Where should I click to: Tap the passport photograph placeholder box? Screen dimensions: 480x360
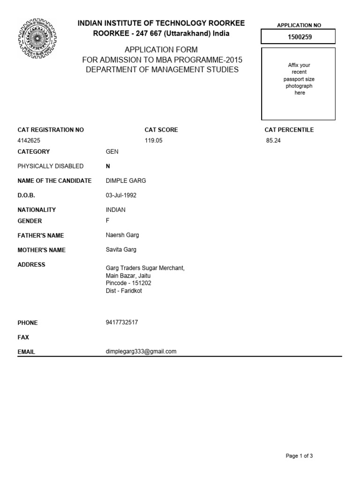298,83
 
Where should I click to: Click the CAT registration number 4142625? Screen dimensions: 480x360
32,140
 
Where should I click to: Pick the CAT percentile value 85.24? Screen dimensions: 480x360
273,140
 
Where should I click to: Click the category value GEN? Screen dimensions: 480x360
112,152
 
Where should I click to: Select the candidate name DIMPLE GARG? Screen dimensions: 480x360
123,181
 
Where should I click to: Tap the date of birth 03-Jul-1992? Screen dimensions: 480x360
121,195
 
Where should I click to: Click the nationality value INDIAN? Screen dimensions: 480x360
116,210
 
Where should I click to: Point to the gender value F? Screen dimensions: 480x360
108,221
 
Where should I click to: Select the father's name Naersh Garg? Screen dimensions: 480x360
122,235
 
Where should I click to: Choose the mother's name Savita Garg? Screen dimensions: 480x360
121,249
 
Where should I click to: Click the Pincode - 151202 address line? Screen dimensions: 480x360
128,283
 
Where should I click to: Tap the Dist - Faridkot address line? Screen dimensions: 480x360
124,291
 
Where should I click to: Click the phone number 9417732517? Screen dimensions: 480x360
122,322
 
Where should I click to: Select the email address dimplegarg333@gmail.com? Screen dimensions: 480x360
141,352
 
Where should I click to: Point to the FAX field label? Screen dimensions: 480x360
23,337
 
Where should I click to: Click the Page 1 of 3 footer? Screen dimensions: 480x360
299,456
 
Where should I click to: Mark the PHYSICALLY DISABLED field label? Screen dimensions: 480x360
51,166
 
